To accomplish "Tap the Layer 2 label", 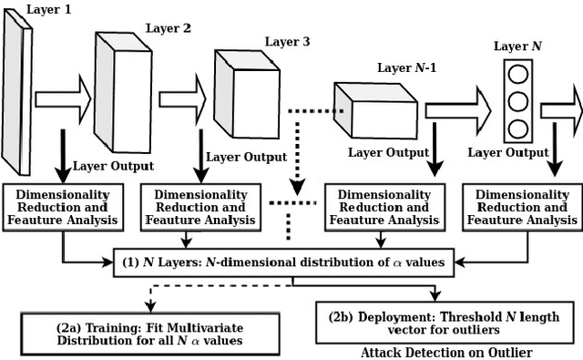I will (169, 29).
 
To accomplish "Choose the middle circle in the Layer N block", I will (517, 100).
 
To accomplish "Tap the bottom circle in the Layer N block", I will (517, 128).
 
